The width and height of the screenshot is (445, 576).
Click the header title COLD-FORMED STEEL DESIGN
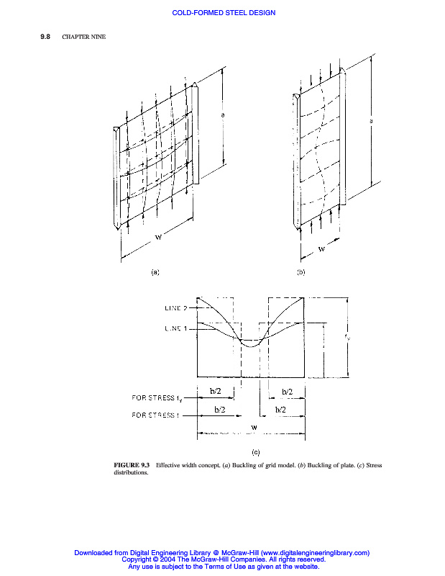(224, 13)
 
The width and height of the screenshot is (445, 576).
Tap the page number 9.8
(45, 37)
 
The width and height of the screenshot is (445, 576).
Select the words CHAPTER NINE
(84, 37)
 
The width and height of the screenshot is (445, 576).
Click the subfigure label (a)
(154, 272)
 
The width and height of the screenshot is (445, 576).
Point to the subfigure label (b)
(301, 272)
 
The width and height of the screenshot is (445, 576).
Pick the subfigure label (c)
(255, 452)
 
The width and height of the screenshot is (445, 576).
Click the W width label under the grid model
(158, 240)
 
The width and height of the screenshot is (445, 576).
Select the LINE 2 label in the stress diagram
(173, 308)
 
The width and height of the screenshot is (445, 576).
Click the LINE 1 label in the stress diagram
(173, 329)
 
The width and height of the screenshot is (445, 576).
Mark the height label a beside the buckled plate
(371, 121)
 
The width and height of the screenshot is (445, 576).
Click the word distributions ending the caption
(130, 473)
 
